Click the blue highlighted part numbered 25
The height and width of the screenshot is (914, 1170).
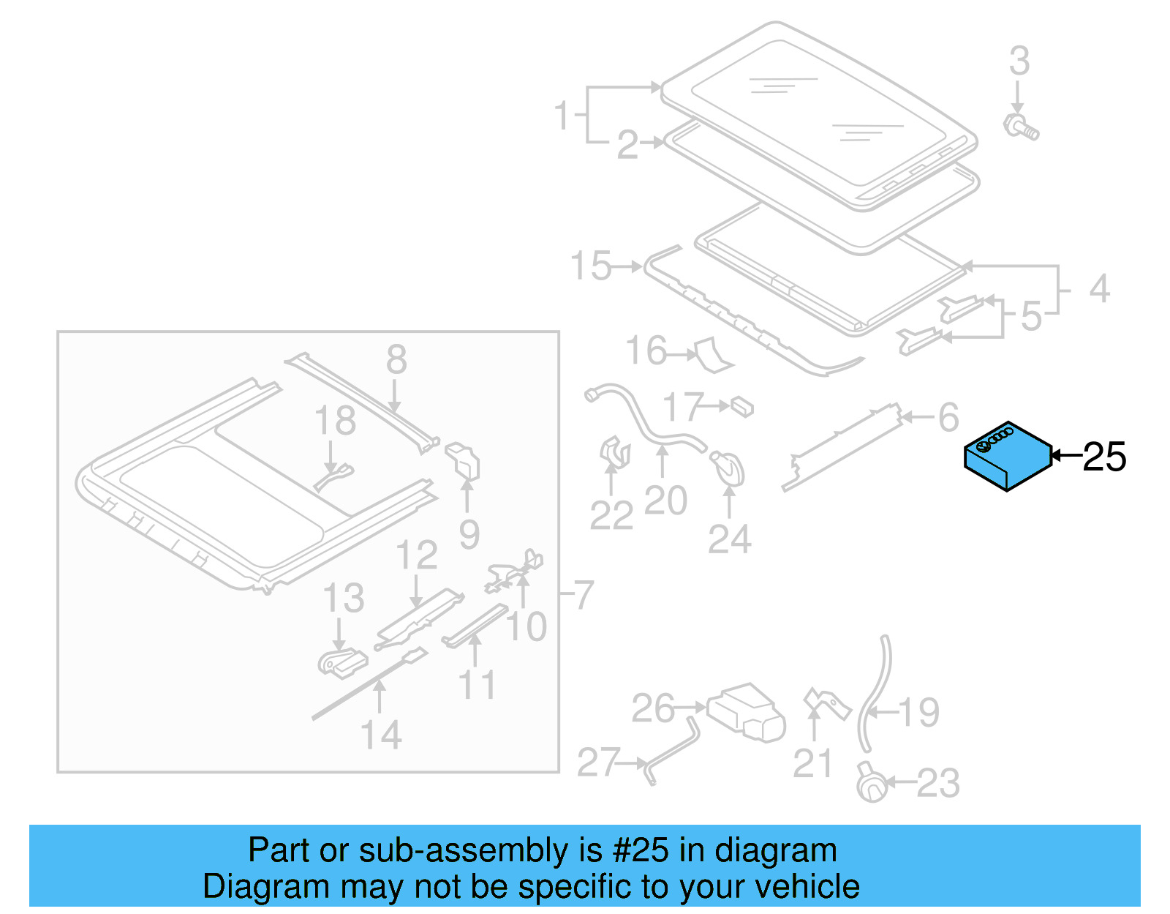[1007, 457]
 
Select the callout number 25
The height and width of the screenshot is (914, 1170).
[1103, 457]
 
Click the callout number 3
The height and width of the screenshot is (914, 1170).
[1019, 61]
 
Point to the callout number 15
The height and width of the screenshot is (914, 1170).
[591, 266]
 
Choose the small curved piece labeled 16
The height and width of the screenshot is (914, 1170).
[712, 354]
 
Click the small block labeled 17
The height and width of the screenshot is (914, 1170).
[742, 406]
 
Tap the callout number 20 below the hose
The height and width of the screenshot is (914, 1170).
[665, 501]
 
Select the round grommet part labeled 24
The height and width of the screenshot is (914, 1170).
[728, 468]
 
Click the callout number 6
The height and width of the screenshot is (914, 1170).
[948, 418]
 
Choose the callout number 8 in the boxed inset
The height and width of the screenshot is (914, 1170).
[396, 359]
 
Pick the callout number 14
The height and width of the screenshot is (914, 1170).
[381, 735]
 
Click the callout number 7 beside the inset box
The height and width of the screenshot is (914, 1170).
[583, 595]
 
